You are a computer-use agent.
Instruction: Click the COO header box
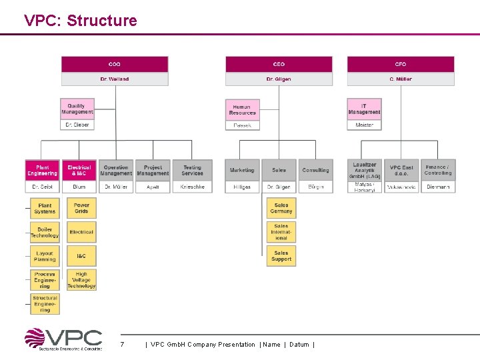coord(115,64)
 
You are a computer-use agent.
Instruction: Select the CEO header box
coord(279,64)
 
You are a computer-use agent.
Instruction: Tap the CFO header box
coord(401,64)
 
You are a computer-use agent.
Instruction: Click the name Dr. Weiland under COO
coord(115,79)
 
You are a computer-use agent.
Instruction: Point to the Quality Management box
coord(77,109)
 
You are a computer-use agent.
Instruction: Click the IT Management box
coord(365,109)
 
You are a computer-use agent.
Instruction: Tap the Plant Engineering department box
coord(43,170)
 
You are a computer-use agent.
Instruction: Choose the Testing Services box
coord(192,170)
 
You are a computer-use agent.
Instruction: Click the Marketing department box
coord(242,170)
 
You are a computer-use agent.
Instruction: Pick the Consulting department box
coord(315,170)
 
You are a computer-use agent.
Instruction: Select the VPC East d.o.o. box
coord(401,170)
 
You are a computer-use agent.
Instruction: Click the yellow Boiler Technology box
coord(45,232)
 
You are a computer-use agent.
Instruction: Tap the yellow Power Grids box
coord(81,208)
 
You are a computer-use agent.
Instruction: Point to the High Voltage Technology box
coord(81,280)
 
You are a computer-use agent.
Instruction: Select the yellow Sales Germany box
coord(281,208)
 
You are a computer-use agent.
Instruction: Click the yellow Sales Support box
coord(281,256)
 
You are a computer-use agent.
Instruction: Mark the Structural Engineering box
coord(45,304)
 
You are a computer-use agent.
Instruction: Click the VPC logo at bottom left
coord(64,339)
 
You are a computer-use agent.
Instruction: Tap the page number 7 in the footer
coord(122,344)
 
